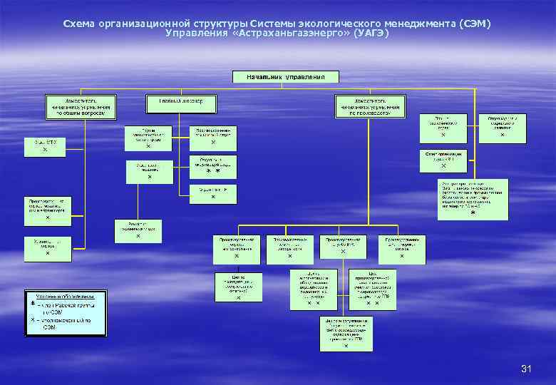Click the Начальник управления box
[x=286, y=76]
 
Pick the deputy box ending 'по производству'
[x=368, y=106]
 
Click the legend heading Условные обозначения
[x=66, y=295]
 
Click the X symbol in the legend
[x=32, y=320]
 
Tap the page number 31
[x=526, y=369]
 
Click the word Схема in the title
[x=78, y=24]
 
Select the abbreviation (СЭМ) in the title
[x=475, y=24]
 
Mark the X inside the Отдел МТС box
[x=45, y=151]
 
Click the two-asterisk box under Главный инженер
[x=213, y=165]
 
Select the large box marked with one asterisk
[x=473, y=199]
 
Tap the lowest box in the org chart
[x=346, y=333]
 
